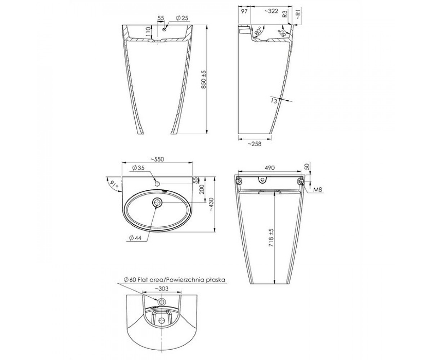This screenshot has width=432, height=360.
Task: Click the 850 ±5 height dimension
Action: pos(204,80)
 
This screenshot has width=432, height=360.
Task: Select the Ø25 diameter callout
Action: pos(182,18)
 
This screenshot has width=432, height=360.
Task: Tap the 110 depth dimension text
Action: pos(148,32)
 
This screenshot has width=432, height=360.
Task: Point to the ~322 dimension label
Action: pos(271,11)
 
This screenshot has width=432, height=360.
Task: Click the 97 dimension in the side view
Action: pos(244,11)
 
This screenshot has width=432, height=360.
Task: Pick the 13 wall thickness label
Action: pos(274,101)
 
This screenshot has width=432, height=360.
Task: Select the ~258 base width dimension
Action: pos(255,144)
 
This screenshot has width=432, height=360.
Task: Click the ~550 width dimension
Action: pos(157,159)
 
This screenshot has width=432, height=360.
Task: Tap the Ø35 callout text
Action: pos(138,168)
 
